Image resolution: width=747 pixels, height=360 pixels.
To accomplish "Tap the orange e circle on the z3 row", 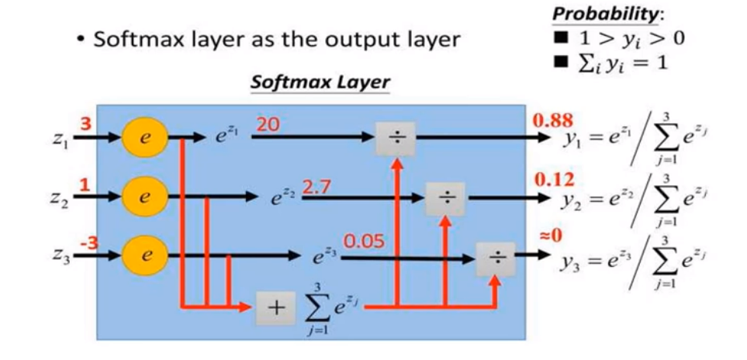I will tap(144, 253).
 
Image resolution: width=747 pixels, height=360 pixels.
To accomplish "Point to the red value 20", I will tap(268, 125).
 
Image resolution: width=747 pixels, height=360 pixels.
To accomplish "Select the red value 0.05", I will tap(364, 241).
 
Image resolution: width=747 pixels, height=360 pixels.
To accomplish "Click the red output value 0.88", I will tap(552, 120).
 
